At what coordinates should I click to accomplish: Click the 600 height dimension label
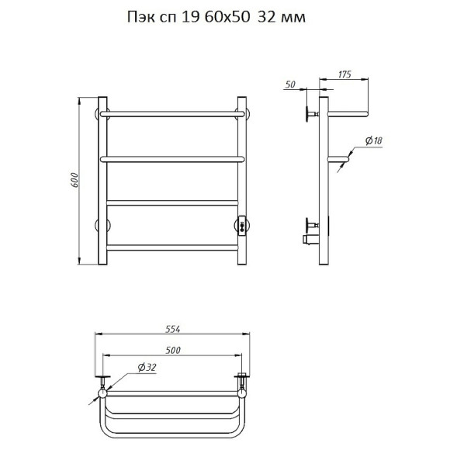(74, 180)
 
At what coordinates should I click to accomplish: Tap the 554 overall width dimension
(173, 329)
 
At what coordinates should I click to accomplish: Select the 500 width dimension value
(173, 350)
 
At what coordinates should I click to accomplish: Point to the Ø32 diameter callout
(147, 367)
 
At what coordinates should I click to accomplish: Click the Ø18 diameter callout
(374, 140)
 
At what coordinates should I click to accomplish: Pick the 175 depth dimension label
(344, 74)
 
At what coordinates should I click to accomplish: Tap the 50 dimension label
(290, 85)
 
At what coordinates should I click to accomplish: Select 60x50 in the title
(227, 17)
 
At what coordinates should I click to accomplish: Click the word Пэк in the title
(141, 18)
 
